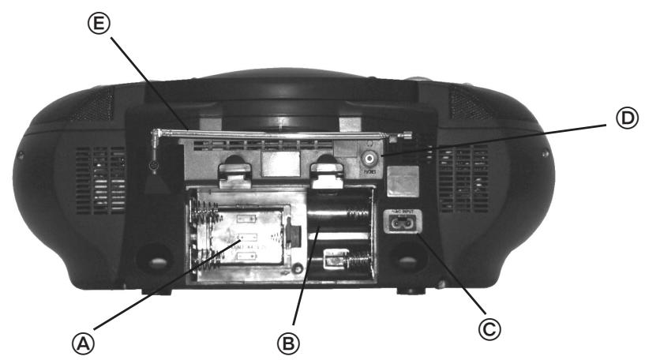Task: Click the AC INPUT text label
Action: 401,211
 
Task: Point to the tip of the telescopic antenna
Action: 407,136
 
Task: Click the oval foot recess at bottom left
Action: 154,257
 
